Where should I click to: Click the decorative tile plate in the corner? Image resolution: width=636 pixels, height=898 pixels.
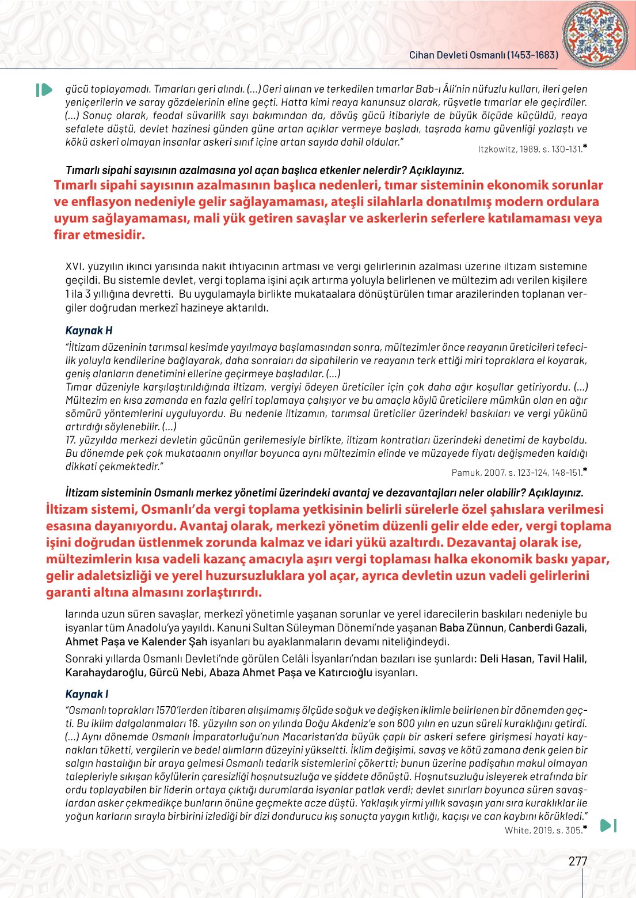(595, 34)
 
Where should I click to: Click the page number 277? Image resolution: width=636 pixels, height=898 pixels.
(578, 861)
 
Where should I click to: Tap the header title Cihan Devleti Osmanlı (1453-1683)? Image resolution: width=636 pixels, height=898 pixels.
(483, 55)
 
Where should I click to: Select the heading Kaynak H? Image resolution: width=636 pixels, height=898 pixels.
(89, 331)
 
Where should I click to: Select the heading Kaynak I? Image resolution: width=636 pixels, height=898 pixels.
(87, 694)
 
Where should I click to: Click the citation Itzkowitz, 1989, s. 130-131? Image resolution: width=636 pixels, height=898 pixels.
(531, 149)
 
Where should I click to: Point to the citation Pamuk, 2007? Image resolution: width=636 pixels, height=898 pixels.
(478, 473)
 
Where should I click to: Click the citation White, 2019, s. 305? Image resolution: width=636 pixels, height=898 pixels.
(543, 830)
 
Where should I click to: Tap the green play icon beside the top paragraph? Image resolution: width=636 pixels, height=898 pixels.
(44, 90)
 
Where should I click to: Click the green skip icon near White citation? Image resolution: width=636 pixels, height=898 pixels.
(608, 825)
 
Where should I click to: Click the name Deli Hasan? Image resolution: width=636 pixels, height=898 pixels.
(505, 658)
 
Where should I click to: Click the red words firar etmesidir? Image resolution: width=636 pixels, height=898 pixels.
(99, 235)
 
